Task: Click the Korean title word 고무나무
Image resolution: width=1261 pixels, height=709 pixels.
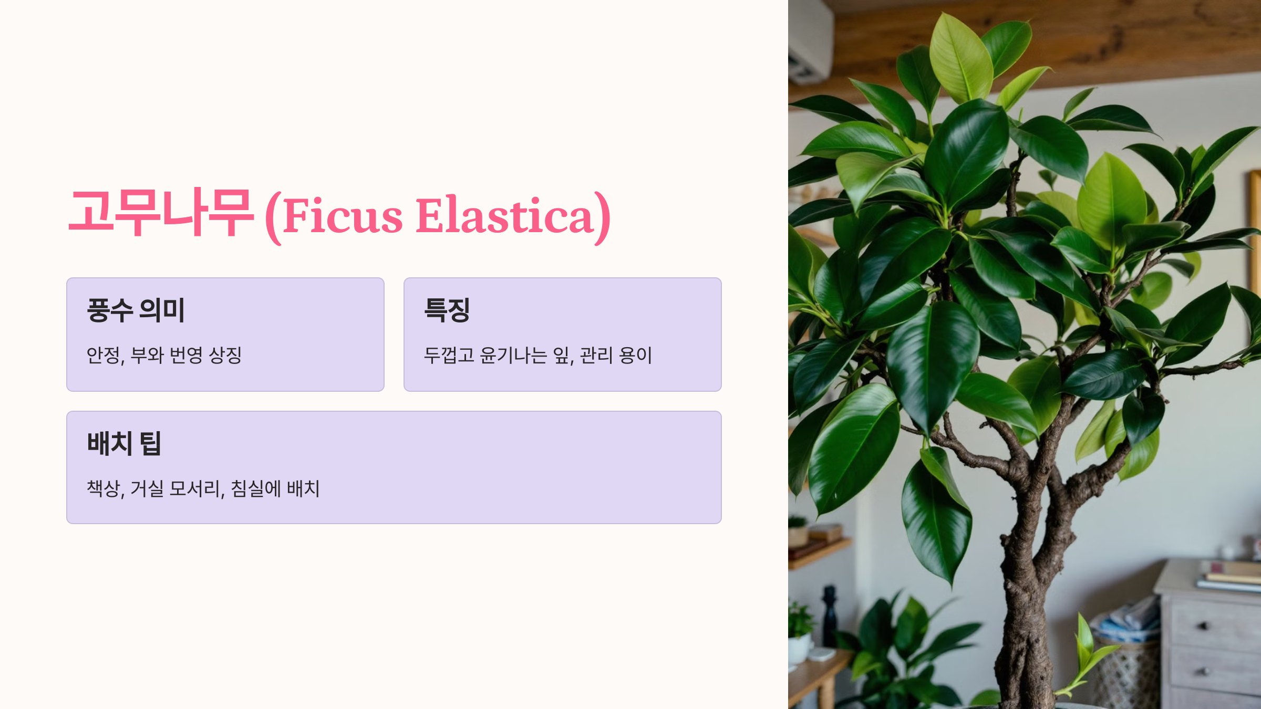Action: tap(161, 213)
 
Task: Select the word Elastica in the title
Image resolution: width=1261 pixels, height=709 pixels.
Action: tap(504, 216)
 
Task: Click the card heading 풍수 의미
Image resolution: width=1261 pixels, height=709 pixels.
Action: tap(136, 310)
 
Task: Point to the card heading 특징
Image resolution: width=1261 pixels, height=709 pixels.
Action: tap(447, 310)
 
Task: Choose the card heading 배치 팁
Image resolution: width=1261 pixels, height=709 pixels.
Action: tap(124, 443)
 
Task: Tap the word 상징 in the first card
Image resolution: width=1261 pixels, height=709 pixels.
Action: tap(225, 356)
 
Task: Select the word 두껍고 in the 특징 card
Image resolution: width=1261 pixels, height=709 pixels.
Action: tap(449, 356)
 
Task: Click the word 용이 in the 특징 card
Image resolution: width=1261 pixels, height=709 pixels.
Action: tap(635, 356)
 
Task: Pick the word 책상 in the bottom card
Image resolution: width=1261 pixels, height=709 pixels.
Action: tap(104, 489)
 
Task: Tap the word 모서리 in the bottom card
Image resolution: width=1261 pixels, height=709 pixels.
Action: tap(195, 489)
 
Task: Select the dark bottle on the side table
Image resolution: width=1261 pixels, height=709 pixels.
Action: tap(830, 614)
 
